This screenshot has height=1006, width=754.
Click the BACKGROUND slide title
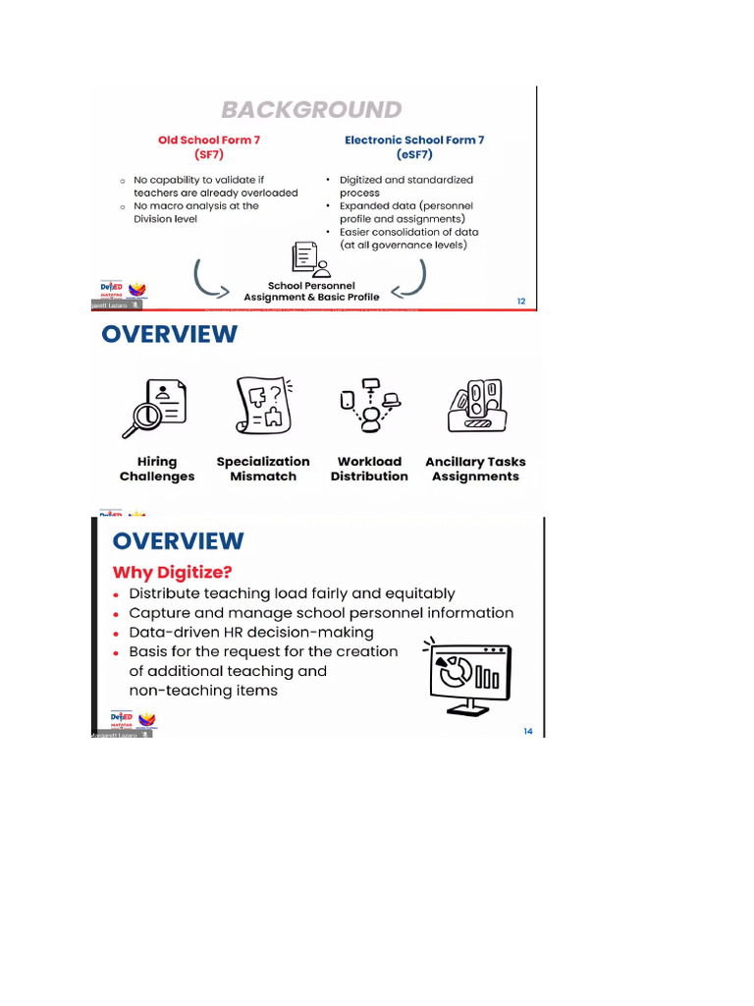pyautogui.click(x=311, y=109)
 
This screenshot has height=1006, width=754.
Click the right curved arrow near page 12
pyautogui.click(x=412, y=278)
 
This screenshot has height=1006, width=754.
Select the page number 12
pyautogui.click(x=522, y=302)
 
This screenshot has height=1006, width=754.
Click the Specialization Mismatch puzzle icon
pyautogui.click(x=262, y=406)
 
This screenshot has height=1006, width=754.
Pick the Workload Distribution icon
pyautogui.click(x=369, y=405)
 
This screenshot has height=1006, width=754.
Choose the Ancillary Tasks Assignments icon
pyautogui.click(x=475, y=406)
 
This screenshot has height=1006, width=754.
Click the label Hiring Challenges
pyautogui.click(x=157, y=469)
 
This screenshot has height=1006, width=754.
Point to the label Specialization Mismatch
pyautogui.click(x=263, y=469)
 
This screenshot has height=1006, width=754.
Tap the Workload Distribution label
pyautogui.click(x=369, y=469)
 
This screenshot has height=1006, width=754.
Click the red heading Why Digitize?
pyautogui.click(x=173, y=572)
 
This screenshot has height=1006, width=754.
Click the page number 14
pyautogui.click(x=528, y=731)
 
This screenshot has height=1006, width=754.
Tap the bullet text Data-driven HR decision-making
pyautogui.click(x=251, y=632)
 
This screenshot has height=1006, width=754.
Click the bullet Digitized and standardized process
pyautogui.click(x=405, y=187)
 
